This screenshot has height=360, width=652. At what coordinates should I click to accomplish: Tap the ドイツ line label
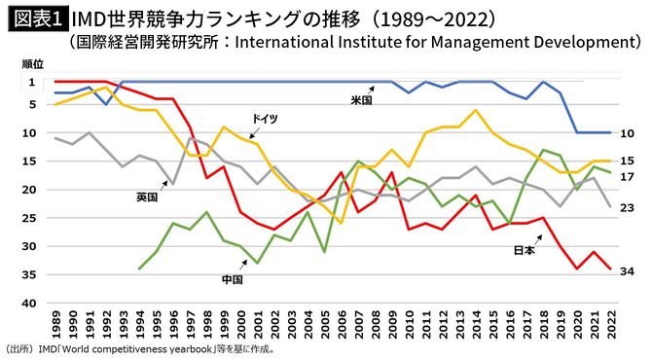pyautogui.click(x=264, y=118)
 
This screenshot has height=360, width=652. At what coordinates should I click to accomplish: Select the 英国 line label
pyautogui.click(x=147, y=197)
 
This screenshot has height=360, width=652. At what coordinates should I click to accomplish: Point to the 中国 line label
pyautogui.click(x=232, y=279)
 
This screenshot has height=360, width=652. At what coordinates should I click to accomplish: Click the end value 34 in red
pyautogui.click(x=628, y=270)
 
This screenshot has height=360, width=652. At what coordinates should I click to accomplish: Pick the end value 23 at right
pyautogui.click(x=628, y=207)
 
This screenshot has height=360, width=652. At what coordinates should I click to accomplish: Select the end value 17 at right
pyautogui.click(x=628, y=176)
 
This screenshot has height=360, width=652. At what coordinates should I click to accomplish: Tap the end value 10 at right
pyautogui.click(x=628, y=133)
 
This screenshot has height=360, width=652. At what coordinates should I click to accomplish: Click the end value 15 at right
pyautogui.click(x=628, y=161)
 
